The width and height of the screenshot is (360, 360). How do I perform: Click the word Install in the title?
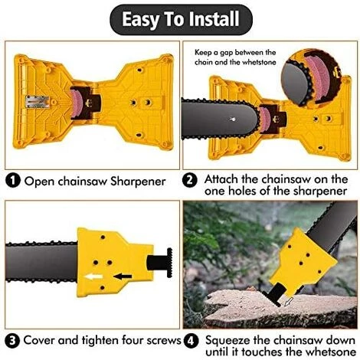point(214,18)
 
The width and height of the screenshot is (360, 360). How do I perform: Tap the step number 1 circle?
point(12,182)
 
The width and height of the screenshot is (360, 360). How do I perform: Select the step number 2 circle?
point(190,181)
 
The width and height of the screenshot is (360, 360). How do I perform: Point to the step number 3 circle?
point(12,341)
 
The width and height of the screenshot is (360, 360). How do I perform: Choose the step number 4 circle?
point(191,342)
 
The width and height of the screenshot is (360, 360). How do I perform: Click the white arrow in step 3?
point(93,277)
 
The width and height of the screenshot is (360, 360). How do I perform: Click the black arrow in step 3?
point(123,276)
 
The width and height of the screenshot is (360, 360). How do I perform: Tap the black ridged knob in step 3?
point(170,263)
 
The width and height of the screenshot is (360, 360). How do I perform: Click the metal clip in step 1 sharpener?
point(38,102)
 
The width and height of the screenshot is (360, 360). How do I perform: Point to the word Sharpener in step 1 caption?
point(138,182)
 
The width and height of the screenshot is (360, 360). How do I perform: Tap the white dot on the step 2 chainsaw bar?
point(233,119)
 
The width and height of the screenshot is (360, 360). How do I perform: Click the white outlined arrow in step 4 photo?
point(288,301)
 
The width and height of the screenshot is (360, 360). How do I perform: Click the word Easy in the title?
point(140,19)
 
